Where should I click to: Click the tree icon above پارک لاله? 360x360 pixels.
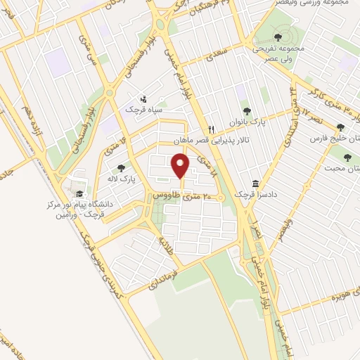(122, 168)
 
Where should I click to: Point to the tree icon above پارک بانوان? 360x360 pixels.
(246, 110)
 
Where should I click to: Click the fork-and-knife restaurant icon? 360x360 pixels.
(210, 130)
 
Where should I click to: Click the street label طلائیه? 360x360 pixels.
(167, 243)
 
